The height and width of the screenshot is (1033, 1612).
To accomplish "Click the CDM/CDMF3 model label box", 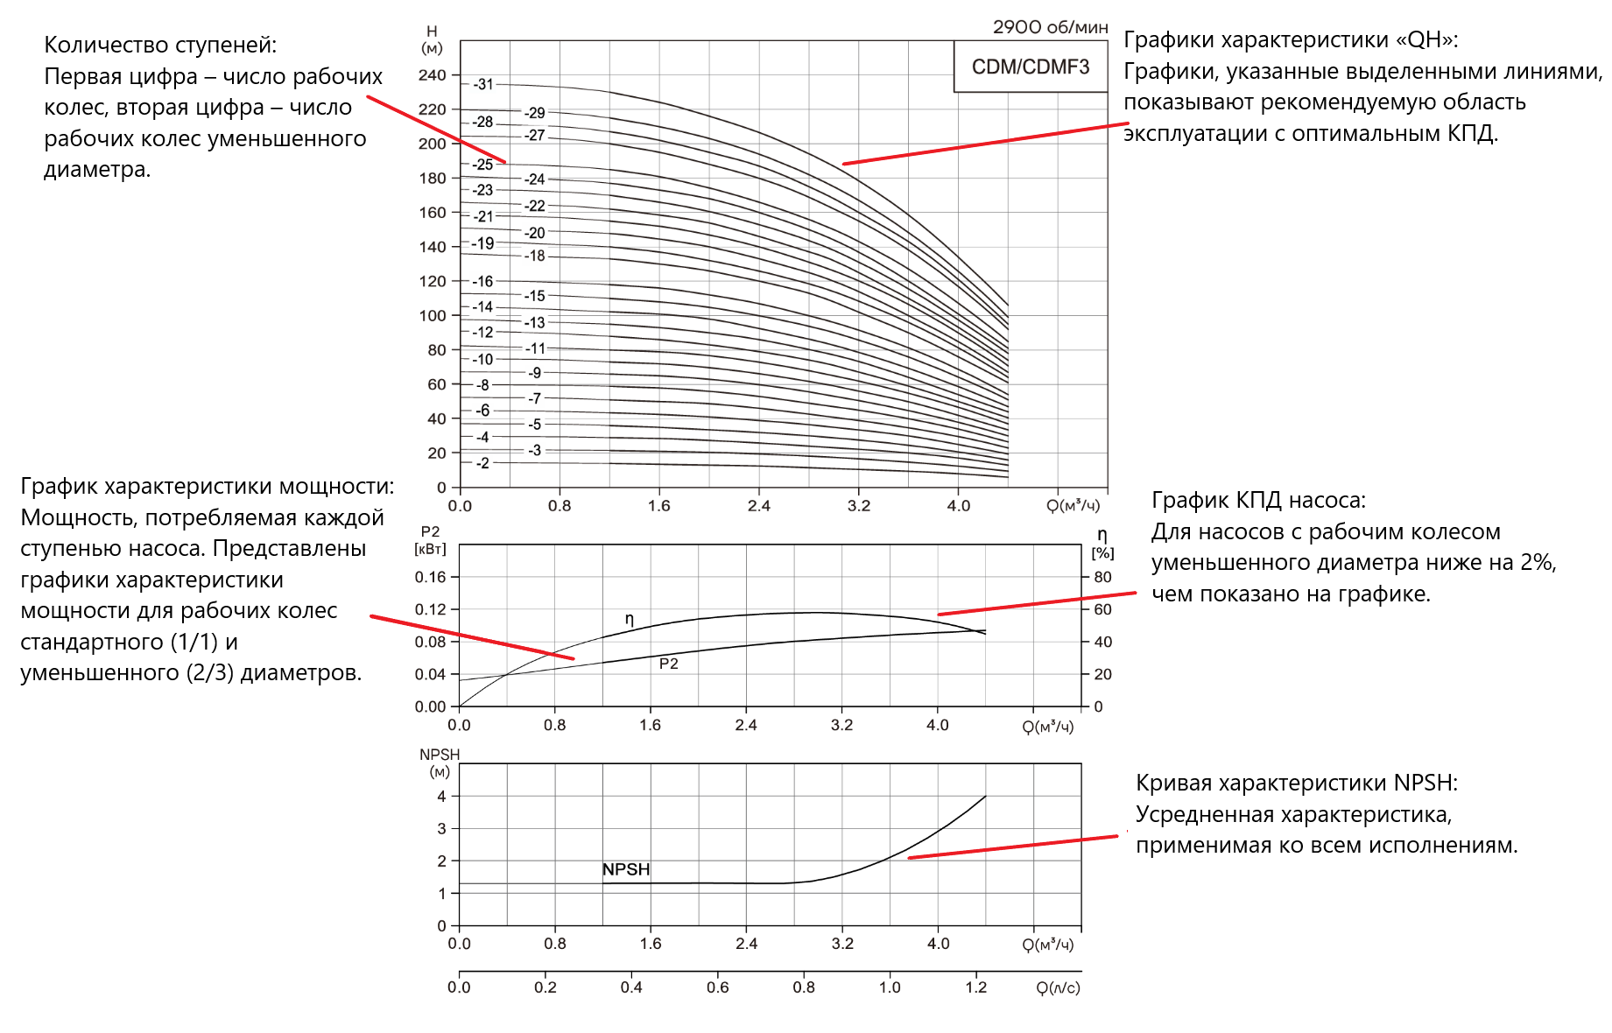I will pos(1030,67).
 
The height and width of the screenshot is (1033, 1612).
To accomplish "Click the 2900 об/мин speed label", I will pos(1050,27).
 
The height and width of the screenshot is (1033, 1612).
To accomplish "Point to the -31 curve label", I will pos(483,84).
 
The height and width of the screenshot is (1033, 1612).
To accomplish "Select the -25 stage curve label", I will pos(483,165).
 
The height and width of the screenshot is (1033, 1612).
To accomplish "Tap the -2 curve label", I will pos(482,463).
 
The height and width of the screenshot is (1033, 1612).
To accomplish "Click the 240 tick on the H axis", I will pos(433,75).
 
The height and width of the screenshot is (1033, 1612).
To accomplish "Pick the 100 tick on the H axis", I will pos(433,315).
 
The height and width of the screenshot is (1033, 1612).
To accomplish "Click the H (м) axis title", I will pos(432,39).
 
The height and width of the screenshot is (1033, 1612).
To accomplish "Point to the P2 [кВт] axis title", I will pos(430,540).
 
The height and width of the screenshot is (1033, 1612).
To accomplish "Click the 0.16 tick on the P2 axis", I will pos(430,577).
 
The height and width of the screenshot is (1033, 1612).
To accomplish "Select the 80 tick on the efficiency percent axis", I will pos(1102,577).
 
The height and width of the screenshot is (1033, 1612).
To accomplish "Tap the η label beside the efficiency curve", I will pos(629,619).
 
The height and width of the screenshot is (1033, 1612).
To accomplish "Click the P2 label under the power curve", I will pos(669,664).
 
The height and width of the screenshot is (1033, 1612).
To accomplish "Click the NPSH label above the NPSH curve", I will pos(626,869).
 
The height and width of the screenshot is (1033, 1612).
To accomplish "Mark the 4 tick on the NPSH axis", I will pos(442,797).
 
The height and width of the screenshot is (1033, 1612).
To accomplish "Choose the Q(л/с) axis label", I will pos(1058,987).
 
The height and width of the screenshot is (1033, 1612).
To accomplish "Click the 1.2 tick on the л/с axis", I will pos(976,987).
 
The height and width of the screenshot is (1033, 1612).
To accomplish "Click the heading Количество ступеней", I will pos(160,46).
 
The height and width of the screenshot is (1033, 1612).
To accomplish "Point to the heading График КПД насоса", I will pos(1258,501).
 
